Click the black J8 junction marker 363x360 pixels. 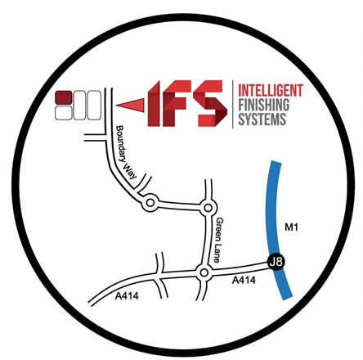pos(276,262)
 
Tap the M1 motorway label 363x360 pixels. pos(291,227)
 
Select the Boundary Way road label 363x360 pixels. pos(126,152)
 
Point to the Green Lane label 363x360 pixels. pos(220,240)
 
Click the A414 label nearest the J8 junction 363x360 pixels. pos(244,280)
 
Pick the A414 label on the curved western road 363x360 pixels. pos(127,295)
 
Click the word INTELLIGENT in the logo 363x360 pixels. pos(271,90)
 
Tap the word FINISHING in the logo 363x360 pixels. pos(264,105)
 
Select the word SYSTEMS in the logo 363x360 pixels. pos(262,119)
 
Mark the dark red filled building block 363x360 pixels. pos(64,97)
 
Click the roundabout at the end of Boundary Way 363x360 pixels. pos(150,203)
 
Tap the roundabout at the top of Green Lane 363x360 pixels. pos(208,208)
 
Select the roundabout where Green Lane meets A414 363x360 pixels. pos(204,272)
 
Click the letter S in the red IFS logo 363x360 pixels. pos(212,103)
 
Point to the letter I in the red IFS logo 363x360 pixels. pos(154,104)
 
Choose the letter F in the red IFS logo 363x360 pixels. pos(177,103)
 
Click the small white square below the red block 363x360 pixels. pos(64,113)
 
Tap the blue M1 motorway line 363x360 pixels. pos(276,230)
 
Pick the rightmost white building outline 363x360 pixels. pos(94,106)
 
